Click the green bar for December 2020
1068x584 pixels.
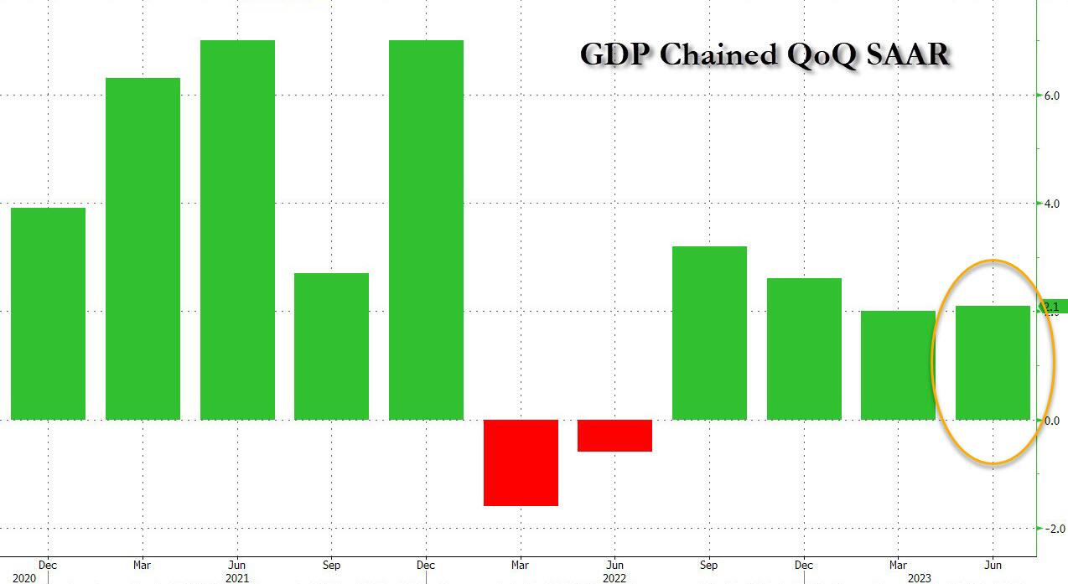48,313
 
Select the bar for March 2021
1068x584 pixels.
143,249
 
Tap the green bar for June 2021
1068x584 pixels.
237,230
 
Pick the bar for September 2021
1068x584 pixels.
331,346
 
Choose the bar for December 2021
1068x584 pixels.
426,230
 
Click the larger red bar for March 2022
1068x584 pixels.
521,463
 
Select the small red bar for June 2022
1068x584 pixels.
614,436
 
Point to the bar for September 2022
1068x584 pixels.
709,333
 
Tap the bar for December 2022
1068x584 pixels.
804,349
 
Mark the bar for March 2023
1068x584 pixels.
898,365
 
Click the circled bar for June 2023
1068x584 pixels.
993,363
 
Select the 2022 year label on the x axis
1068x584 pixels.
614,578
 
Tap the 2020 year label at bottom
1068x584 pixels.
24,578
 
